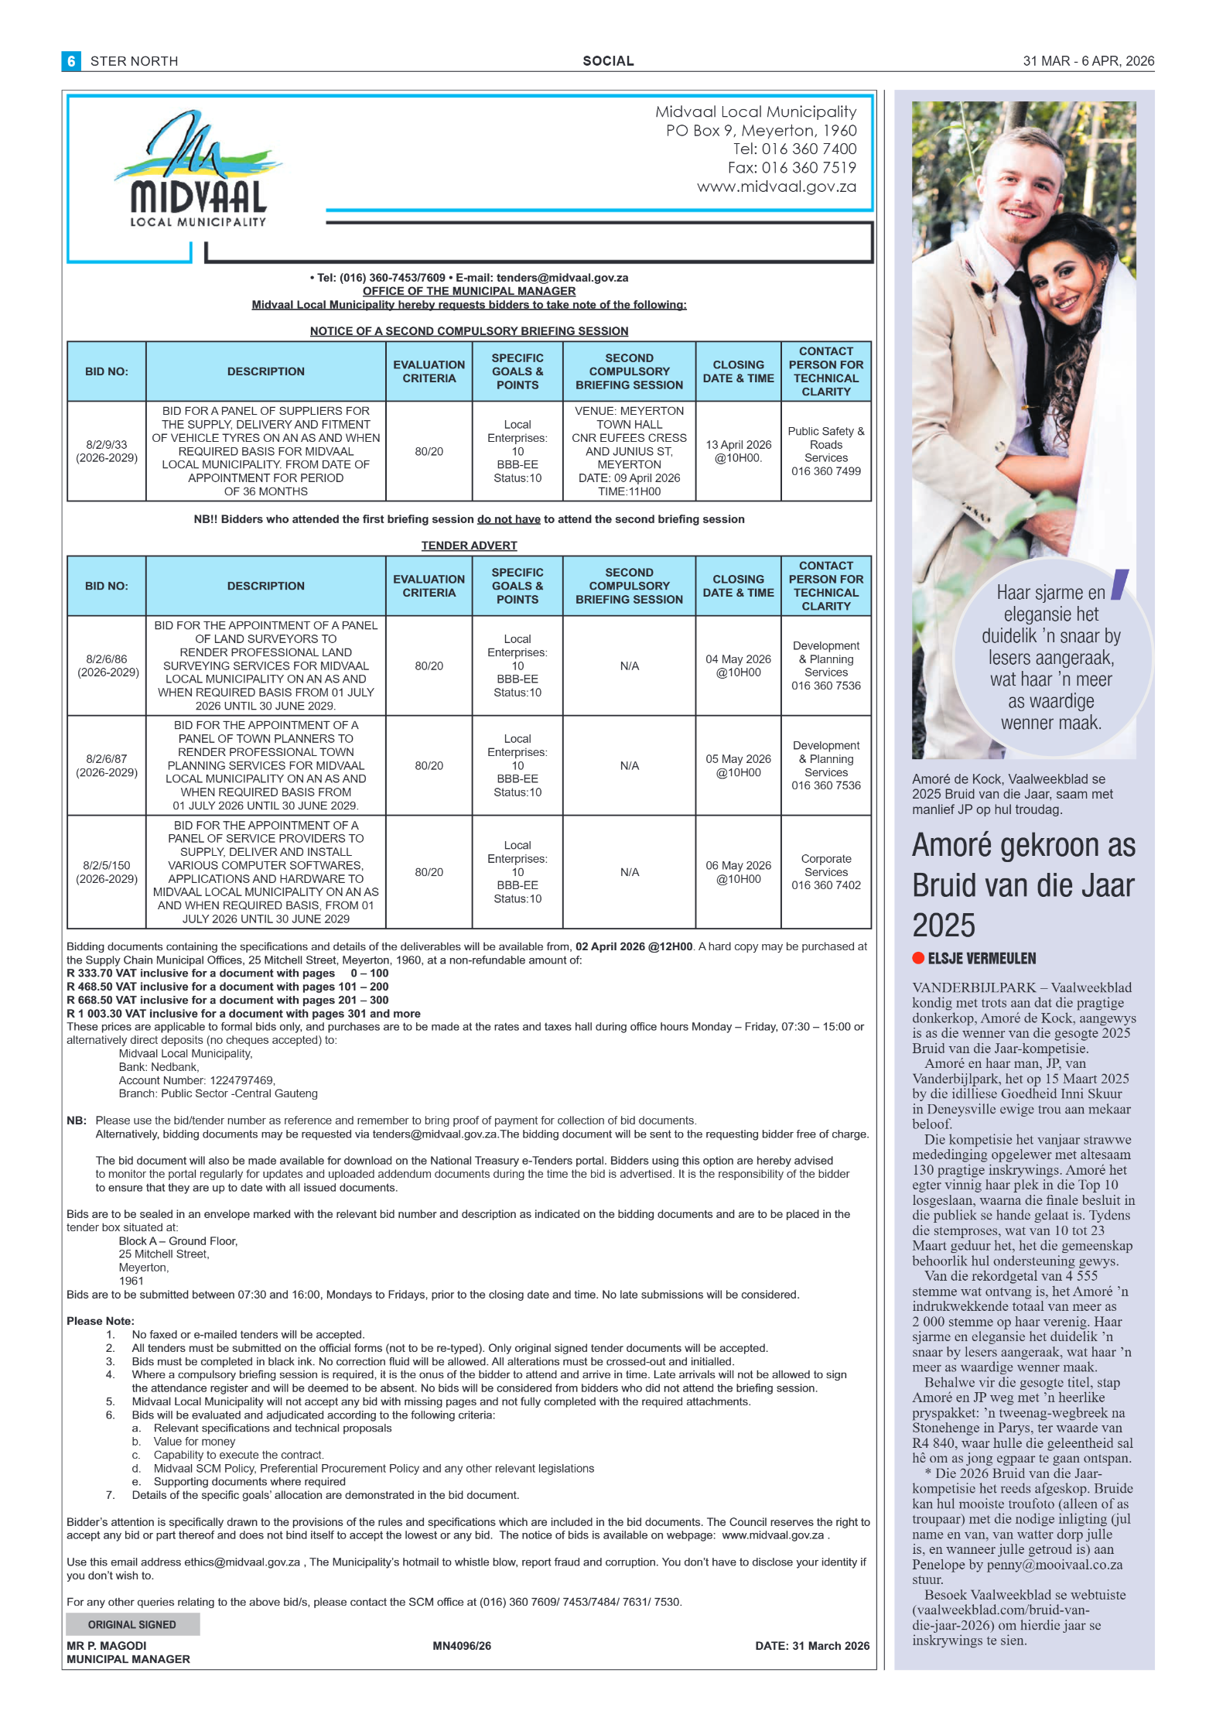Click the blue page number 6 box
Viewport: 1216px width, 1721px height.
(x=71, y=61)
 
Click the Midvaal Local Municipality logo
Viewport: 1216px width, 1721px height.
(x=198, y=170)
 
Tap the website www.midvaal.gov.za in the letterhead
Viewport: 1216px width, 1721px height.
(x=776, y=186)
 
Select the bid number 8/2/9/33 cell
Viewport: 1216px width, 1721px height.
(x=107, y=451)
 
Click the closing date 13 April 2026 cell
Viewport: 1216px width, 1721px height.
(x=738, y=451)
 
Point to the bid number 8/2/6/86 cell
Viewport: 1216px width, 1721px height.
(x=108, y=665)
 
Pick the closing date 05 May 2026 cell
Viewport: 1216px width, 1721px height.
(x=738, y=765)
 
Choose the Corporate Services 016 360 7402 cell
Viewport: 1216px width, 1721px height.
(x=825, y=872)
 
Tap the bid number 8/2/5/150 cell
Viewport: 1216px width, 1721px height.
(x=107, y=872)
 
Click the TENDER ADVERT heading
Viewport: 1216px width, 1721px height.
(x=469, y=546)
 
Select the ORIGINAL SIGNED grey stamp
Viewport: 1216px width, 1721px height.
(x=132, y=1624)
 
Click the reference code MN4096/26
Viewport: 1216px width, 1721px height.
(x=462, y=1646)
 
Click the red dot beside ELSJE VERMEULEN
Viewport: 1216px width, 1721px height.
(x=918, y=958)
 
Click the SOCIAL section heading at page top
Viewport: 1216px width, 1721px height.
(x=608, y=61)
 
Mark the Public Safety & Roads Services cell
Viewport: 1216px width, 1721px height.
(x=825, y=451)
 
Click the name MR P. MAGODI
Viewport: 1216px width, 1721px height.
(x=107, y=1646)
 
